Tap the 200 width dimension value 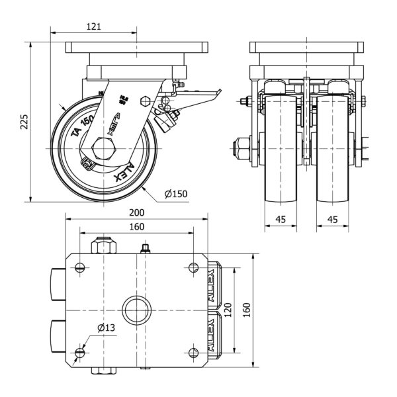[137, 214]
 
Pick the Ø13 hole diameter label [106, 328]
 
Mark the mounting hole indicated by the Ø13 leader [80, 352]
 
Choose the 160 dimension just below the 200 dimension [136, 227]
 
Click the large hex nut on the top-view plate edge [103, 247]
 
